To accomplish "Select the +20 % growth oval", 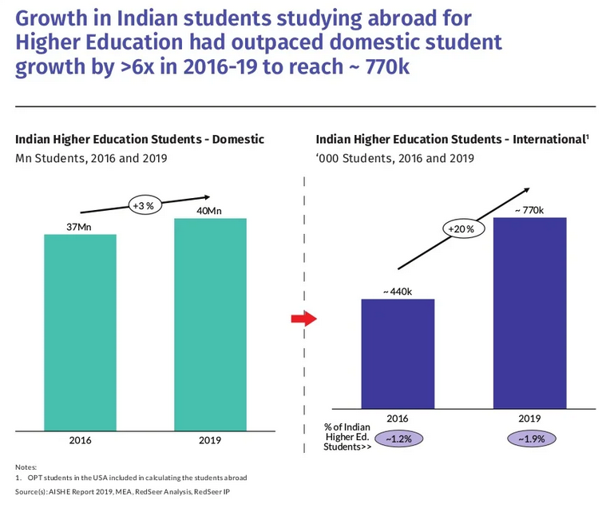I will tap(459, 229).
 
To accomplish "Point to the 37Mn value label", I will tap(80, 227).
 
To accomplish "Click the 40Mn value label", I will tap(210, 210).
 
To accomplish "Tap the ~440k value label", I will tap(398, 292).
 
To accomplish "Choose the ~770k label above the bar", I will tap(529, 209).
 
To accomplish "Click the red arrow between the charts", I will tap(303, 319).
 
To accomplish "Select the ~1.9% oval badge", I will tap(531, 439).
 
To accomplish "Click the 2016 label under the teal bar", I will tap(80, 440).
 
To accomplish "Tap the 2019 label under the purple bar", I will tap(530, 418).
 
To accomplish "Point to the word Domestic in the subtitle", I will tap(236, 139).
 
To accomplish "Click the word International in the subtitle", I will tap(542, 139).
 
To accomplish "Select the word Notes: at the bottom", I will tap(26, 466).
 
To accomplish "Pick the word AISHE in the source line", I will tap(61, 491).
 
